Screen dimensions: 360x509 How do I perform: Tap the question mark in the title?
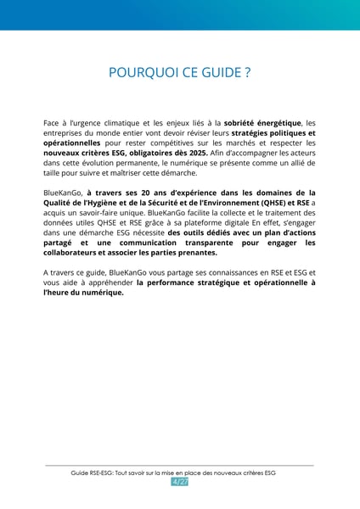coord(246,73)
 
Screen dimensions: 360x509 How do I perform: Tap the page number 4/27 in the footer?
coord(180,482)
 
